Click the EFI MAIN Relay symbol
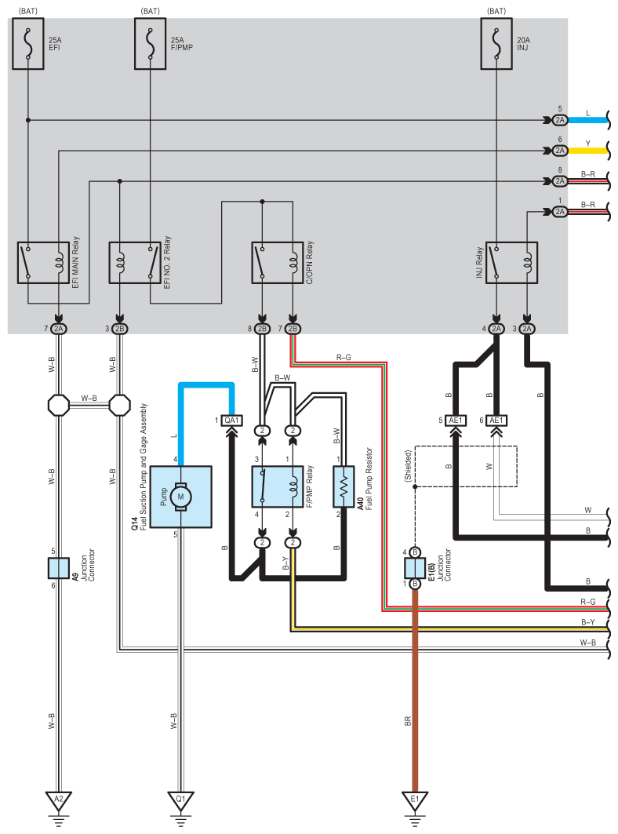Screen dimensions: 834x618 pyautogui.click(x=43, y=263)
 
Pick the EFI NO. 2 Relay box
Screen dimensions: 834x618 pyautogui.click(x=135, y=263)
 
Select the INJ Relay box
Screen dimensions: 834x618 pyautogui.click(x=511, y=263)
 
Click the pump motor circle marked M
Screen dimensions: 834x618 pyautogui.click(x=181, y=496)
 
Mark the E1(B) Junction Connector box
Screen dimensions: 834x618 pyautogui.click(x=415, y=568)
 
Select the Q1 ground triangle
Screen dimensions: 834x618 pyautogui.click(x=181, y=801)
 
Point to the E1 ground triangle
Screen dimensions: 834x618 pyautogui.click(x=415, y=801)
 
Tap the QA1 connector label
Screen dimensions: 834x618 pyautogui.click(x=232, y=420)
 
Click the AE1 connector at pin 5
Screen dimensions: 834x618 pyautogui.click(x=456, y=420)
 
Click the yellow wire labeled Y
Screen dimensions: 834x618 pyautogui.click(x=588, y=150)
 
